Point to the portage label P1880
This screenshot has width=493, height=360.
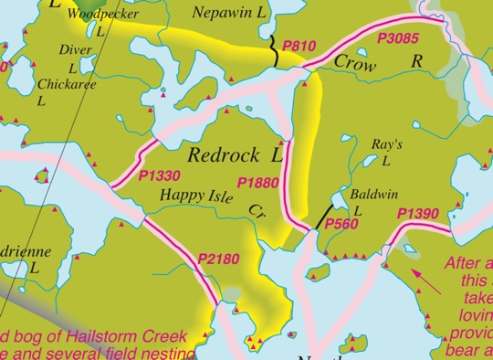[x=257, y=183]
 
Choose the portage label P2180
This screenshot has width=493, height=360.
[x=218, y=260]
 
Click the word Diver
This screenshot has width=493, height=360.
[x=70, y=49]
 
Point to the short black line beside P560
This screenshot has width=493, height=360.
[x=321, y=217]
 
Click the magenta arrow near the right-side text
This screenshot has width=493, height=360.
[x=427, y=280]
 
